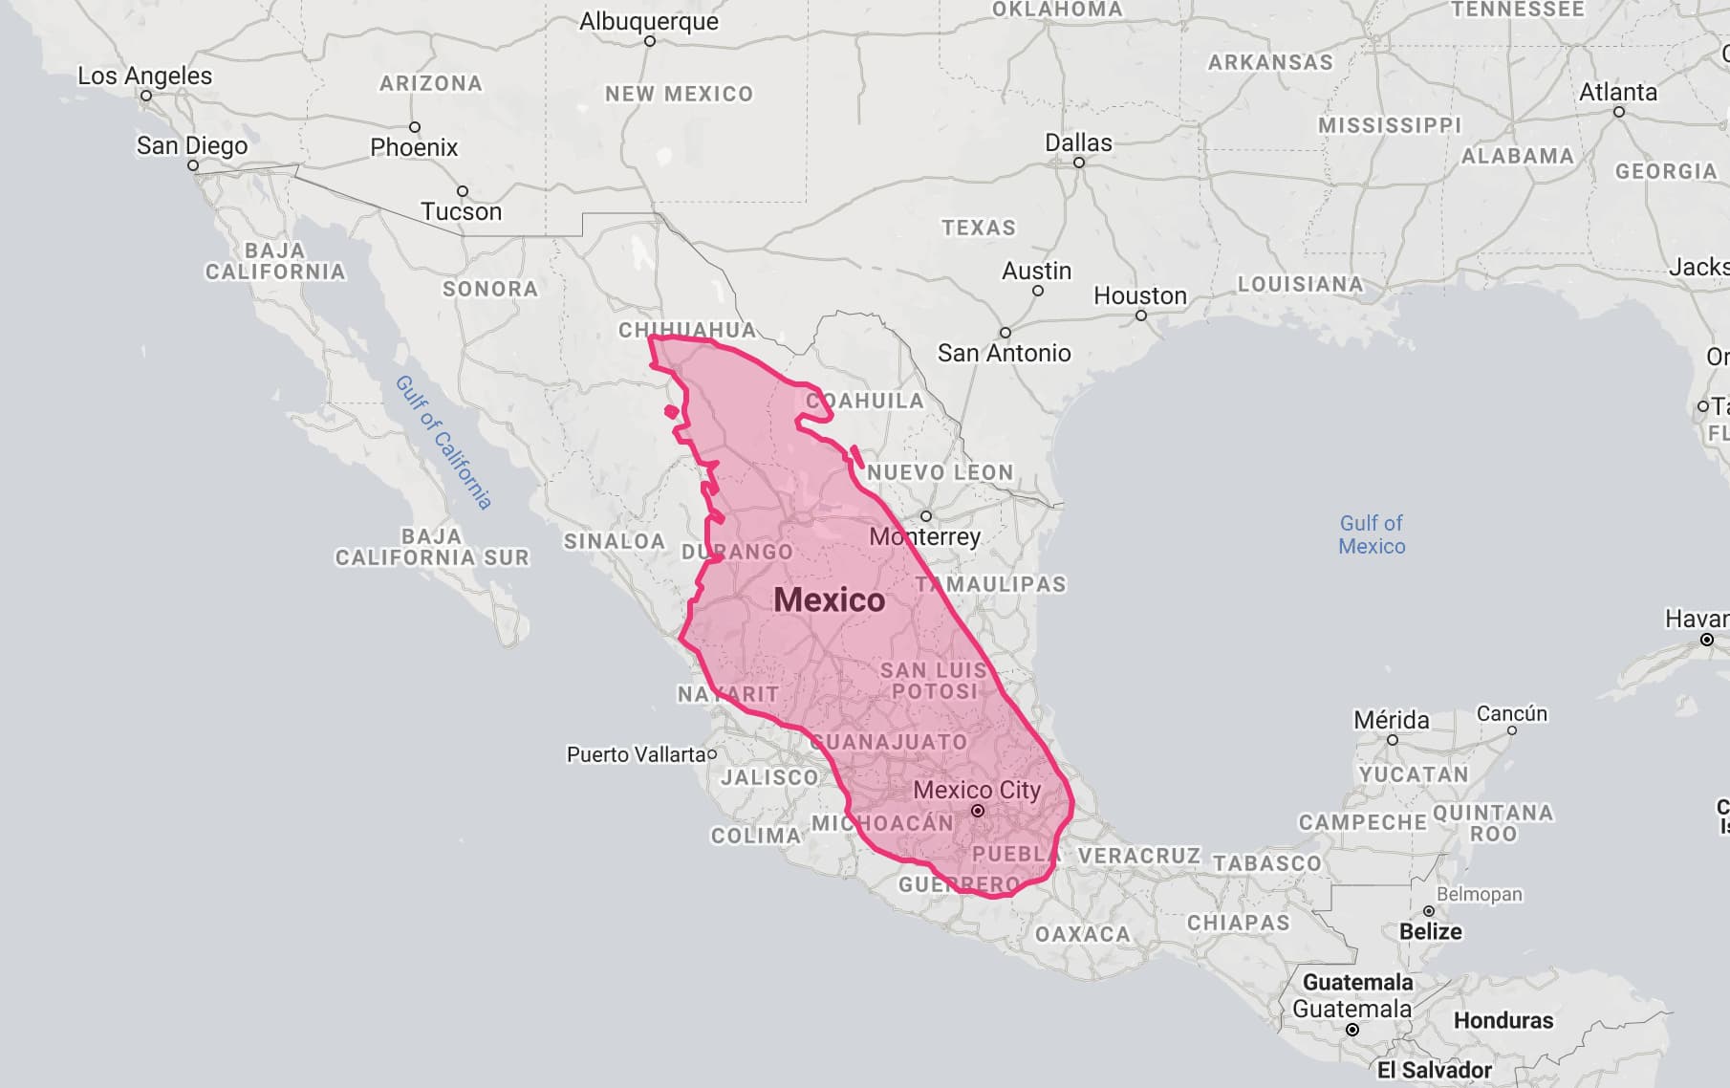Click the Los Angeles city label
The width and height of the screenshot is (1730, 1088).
(x=144, y=76)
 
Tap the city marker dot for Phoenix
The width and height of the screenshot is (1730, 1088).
(x=415, y=127)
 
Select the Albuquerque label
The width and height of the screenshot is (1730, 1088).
(x=649, y=21)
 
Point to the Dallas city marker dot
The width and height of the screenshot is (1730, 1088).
(x=1079, y=163)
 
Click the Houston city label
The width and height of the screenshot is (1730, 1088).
(x=1139, y=295)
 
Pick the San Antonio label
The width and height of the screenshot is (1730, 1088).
(x=1004, y=353)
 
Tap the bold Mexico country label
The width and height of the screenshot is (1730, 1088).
(x=829, y=599)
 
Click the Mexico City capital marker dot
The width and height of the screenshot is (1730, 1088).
(x=978, y=811)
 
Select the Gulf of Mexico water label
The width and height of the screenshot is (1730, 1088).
(x=1372, y=534)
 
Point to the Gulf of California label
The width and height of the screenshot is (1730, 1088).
(x=444, y=442)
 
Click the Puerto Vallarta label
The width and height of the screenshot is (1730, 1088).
(x=636, y=754)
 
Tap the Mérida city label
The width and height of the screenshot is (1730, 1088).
(x=1391, y=719)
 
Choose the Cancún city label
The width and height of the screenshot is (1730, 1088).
(x=1511, y=713)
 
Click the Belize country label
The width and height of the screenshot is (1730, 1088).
(x=1430, y=931)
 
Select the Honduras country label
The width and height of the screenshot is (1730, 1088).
(x=1503, y=1020)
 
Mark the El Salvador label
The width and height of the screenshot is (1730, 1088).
(x=1434, y=1070)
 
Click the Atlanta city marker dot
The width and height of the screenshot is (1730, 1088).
(x=1619, y=112)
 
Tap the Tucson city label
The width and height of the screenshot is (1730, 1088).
(x=461, y=211)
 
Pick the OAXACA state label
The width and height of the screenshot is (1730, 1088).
(x=1082, y=933)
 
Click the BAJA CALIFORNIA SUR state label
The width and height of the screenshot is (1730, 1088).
(x=432, y=547)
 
